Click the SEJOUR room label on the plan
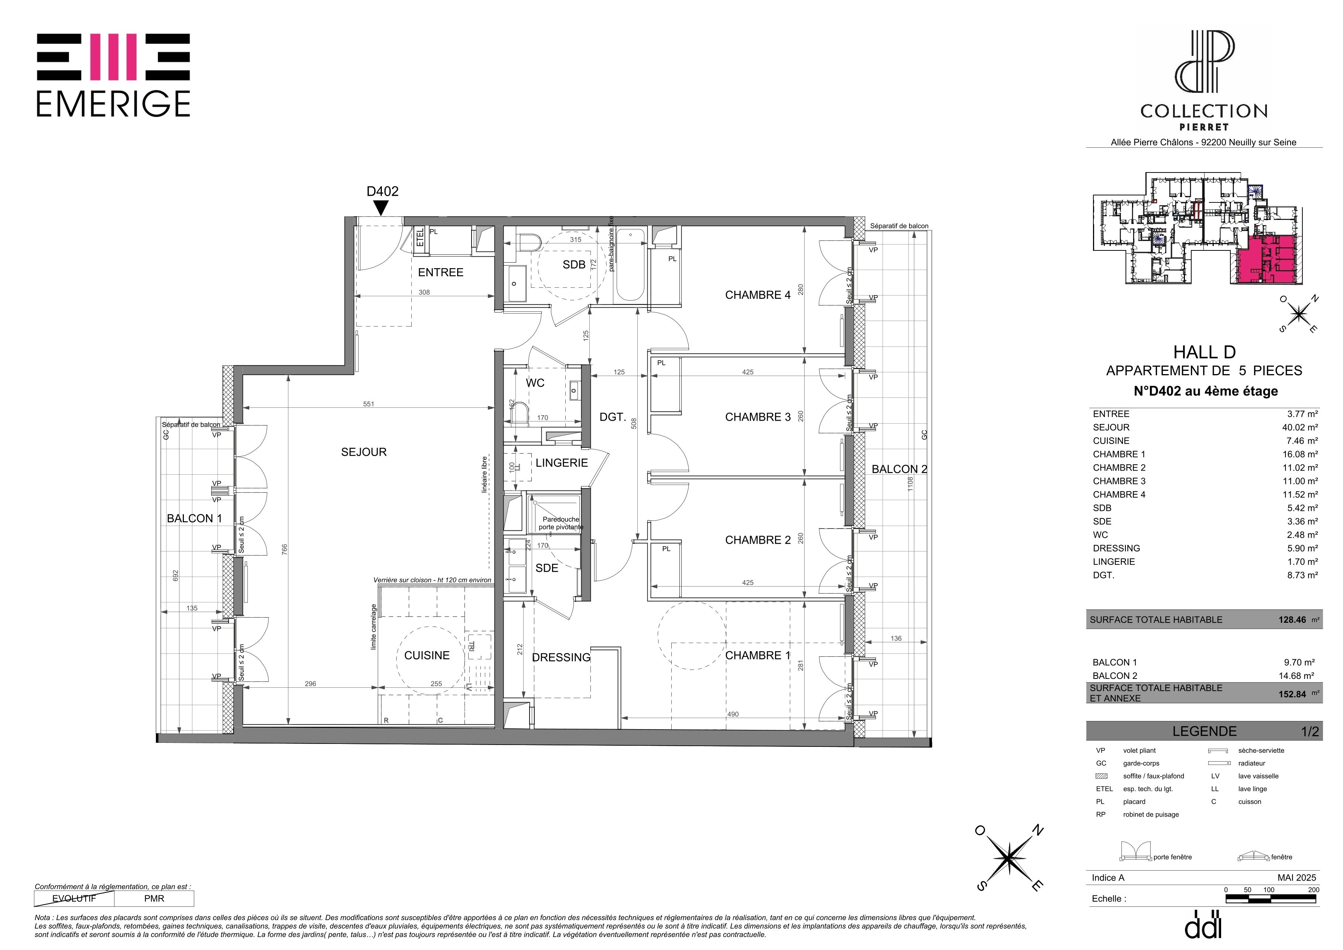tap(364, 452)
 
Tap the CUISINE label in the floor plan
tap(427, 656)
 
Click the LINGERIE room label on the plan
tap(562, 463)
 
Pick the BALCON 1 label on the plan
tap(194, 518)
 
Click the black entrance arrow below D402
tap(381, 208)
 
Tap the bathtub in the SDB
tap(631, 264)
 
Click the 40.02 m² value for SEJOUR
tap(1300, 428)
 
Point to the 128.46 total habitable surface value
tap(1292, 619)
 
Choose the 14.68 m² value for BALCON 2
tap(1296, 676)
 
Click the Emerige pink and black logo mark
tap(113, 57)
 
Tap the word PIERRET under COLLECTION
tap(1204, 127)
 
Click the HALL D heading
tap(1205, 352)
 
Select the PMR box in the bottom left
tap(154, 899)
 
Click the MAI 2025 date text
tap(1297, 878)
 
